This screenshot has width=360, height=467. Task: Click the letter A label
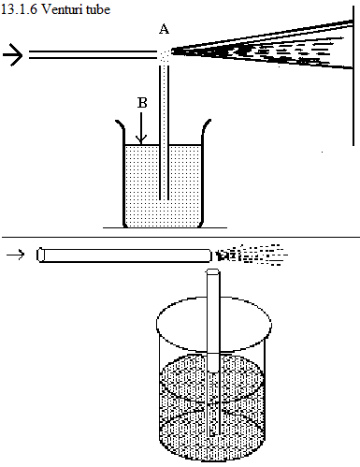coord(164,29)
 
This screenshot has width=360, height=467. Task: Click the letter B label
coord(142,103)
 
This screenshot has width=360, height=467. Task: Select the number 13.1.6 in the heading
coord(19,9)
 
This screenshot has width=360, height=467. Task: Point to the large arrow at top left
coord(12,55)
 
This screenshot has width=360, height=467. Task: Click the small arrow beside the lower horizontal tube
coord(15,255)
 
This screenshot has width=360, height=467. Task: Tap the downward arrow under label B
coord(141,128)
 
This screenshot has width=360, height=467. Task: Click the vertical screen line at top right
coord(353,76)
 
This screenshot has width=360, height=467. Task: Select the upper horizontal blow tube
coord(93,54)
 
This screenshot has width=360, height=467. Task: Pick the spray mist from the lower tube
coord(252,255)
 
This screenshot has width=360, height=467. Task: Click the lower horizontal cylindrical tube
coord(124,255)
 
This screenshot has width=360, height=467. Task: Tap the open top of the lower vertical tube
coord(213,271)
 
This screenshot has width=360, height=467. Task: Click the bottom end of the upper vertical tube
coord(164,198)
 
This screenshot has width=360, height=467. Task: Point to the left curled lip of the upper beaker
coord(121,125)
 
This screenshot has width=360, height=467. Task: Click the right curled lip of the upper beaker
coord(206,125)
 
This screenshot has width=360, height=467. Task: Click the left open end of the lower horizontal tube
coord(40,255)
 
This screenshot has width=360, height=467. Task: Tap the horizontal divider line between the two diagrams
coord(180,238)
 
